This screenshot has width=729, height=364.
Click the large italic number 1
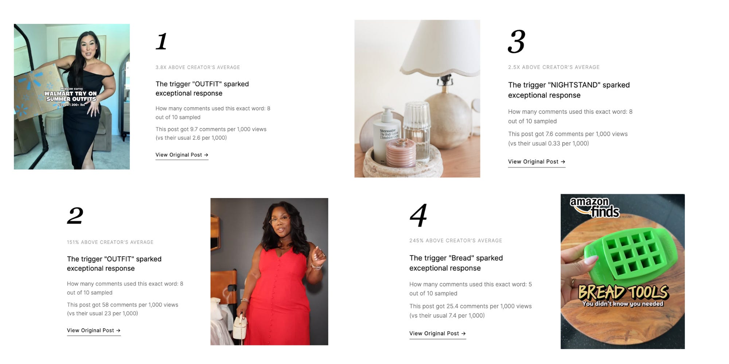(161, 41)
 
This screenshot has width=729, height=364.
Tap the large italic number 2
(75, 215)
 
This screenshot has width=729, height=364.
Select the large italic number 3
(516, 41)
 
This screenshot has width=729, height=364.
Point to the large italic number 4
(418, 215)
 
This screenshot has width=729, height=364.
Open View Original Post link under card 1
(182, 155)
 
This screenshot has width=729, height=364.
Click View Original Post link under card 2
(94, 331)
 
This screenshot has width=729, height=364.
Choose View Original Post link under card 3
(537, 162)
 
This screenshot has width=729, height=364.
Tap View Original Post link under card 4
(437, 333)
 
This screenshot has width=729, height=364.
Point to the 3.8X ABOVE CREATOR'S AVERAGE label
(198, 67)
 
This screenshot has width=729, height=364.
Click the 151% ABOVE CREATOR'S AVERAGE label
(110, 242)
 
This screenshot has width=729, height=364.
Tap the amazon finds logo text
(594, 207)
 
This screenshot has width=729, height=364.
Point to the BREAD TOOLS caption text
(623, 292)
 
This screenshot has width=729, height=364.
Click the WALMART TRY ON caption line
(70, 94)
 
